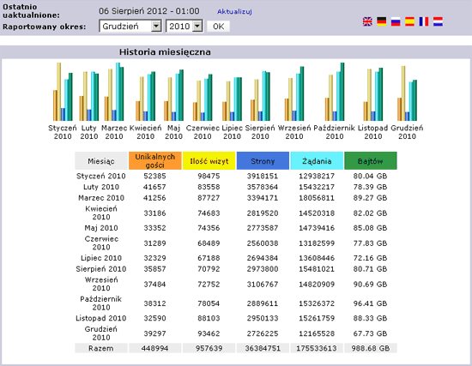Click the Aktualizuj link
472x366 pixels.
click(x=234, y=11)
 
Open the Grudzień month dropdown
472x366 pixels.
click(x=130, y=27)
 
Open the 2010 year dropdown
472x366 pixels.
click(x=185, y=27)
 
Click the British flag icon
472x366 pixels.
click(x=367, y=21)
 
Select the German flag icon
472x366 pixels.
click(x=381, y=21)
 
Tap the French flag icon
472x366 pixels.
click(x=424, y=21)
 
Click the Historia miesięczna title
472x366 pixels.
click(x=165, y=52)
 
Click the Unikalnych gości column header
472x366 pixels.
click(x=155, y=161)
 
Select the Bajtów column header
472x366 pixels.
click(x=370, y=161)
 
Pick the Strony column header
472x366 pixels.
click(x=263, y=161)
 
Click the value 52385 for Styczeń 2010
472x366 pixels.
click(x=154, y=177)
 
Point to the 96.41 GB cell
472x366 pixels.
click(x=370, y=303)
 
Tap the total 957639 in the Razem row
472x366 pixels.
click(x=209, y=348)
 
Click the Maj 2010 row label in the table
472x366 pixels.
click(x=101, y=228)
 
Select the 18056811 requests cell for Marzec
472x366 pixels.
click(x=317, y=198)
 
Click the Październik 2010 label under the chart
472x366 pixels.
click(x=335, y=132)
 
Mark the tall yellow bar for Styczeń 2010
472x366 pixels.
click(x=58, y=92)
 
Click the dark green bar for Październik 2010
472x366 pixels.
click(x=342, y=92)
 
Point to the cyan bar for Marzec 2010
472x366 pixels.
click(x=118, y=92)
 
